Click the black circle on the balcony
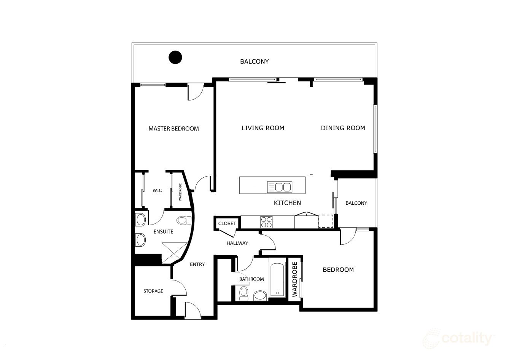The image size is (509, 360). click(x=175, y=57)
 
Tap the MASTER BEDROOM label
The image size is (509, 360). click(x=173, y=129)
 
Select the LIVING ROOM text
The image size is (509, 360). click(x=263, y=128)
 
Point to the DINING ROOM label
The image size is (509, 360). click(x=343, y=128)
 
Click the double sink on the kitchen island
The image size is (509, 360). click(x=279, y=187)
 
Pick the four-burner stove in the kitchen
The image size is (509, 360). click(x=266, y=221)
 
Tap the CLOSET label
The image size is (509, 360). click(x=227, y=223)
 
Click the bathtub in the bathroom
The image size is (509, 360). click(x=277, y=280)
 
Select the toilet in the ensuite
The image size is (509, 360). click(x=184, y=220)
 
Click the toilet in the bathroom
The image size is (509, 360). click(x=244, y=293)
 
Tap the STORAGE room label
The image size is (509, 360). click(x=153, y=291)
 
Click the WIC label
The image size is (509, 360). click(x=157, y=190)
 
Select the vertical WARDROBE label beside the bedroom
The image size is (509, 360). click(x=294, y=280)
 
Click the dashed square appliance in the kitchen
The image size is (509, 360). click(x=326, y=221)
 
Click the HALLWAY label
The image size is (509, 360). click(x=237, y=243)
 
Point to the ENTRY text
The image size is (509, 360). click(x=197, y=264)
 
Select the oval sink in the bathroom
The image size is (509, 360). click(x=260, y=295)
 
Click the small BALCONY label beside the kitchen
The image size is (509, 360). click(x=356, y=203)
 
